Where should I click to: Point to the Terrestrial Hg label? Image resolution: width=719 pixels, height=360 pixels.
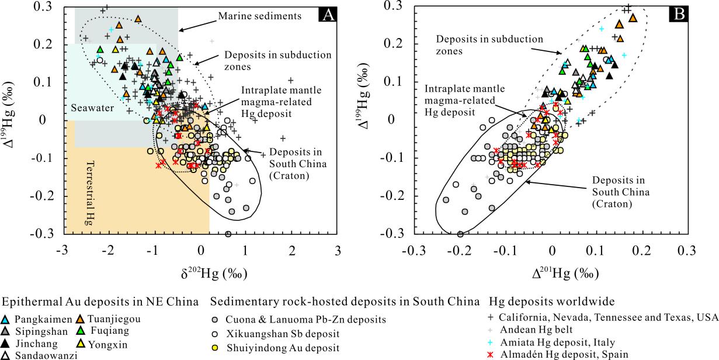coord(91,193)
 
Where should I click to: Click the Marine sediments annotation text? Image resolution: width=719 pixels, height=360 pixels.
coord(259,16)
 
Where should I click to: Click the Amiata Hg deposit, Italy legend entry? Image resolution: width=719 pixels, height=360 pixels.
coord(561,341)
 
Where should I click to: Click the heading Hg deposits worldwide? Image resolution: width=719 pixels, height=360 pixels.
coord(551,302)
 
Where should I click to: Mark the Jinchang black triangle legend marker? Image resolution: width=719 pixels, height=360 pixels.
coord(6,343)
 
